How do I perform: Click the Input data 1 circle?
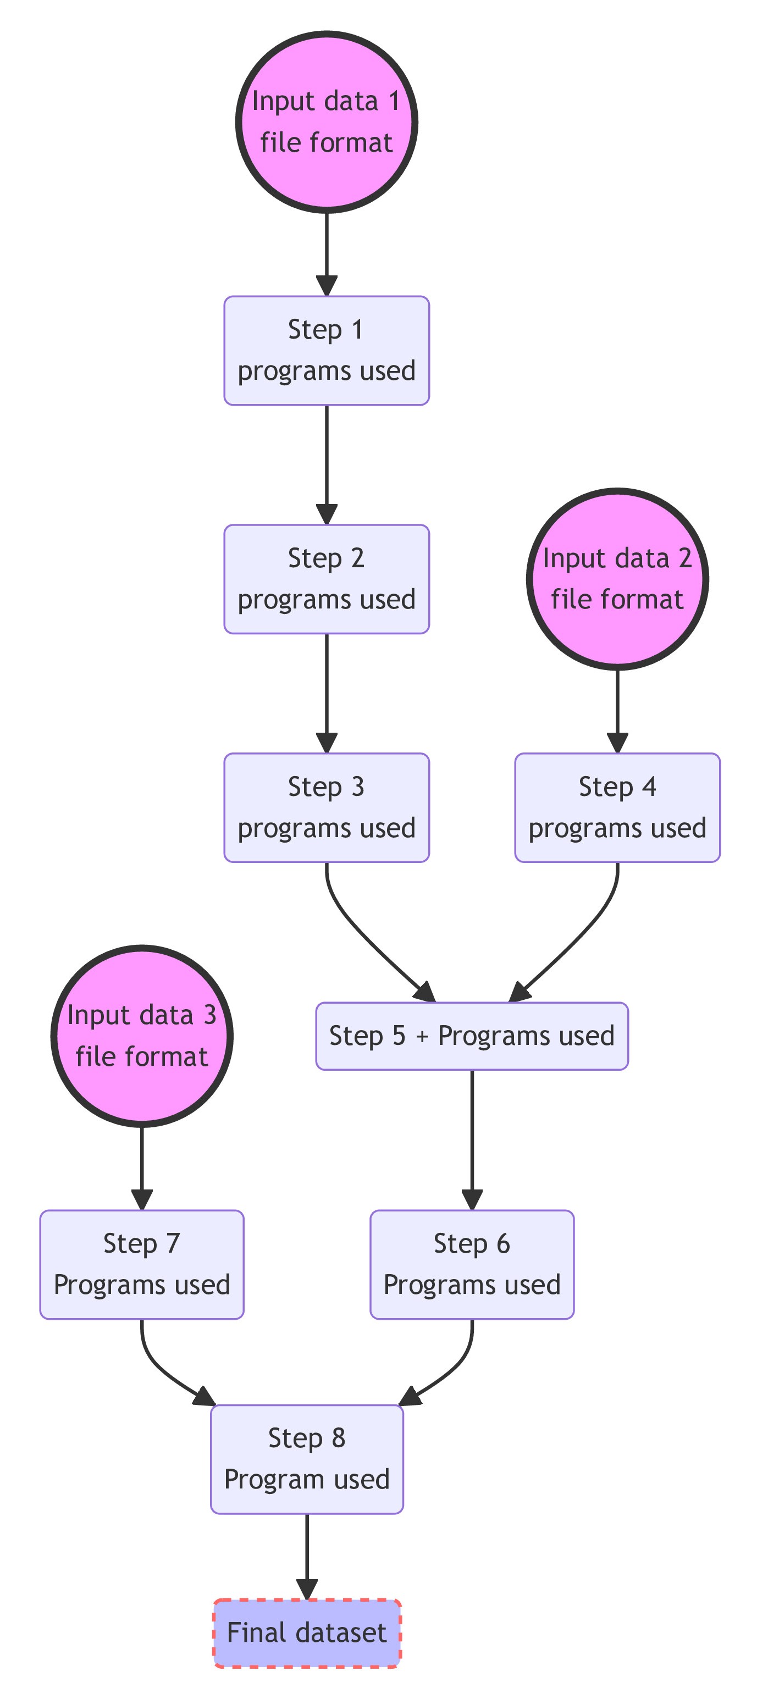click(327, 122)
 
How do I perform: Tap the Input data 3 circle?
click(142, 1035)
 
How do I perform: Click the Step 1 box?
click(327, 350)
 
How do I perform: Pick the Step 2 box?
click(327, 579)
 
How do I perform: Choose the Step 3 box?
click(327, 807)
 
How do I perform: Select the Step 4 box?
click(617, 807)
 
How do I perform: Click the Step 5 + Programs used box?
click(472, 1036)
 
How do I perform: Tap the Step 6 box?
click(472, 1264)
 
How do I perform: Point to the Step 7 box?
click(142, 1264)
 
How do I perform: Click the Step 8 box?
click(307, 1459)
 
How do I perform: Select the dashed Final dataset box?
click(307, 1633)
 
